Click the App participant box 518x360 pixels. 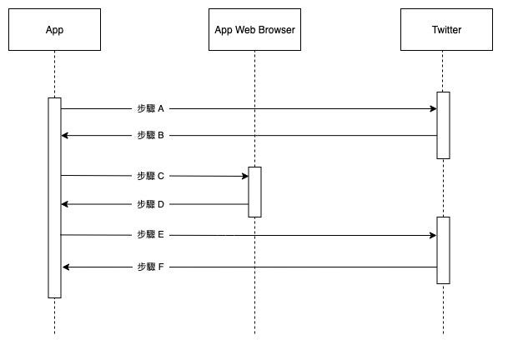click(54, 30)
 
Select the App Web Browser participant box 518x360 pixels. click(254, 30)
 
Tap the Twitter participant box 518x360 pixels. click(446, 30)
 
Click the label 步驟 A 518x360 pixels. click(151, 108)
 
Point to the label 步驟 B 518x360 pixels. click(151, 135)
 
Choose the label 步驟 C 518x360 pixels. click(151, 176)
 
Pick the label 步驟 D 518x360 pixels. click(151, 204)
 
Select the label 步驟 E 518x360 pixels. click(151, 235)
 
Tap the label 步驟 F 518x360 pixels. click(151, 267)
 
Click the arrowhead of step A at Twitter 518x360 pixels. click(432, 108)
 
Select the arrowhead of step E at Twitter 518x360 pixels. click(432, 235)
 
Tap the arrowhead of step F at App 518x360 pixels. click(66, 267)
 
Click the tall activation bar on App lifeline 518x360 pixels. click(54, 197)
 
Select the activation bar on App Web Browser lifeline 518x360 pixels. click(254, 192)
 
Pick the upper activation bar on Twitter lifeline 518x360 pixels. click(443, 125)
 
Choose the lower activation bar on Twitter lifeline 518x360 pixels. click(443, 250)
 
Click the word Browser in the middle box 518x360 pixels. click(275, 30)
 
